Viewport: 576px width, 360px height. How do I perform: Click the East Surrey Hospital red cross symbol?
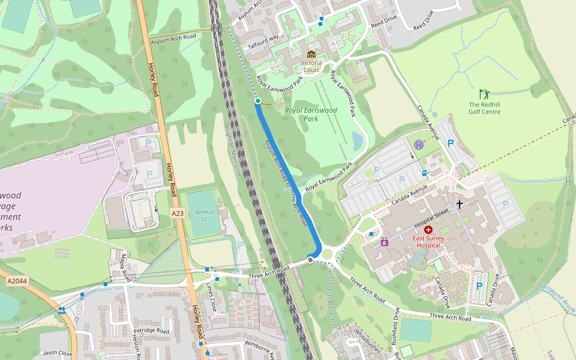click(428, 230)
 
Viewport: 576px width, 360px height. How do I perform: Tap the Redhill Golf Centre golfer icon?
click(484, 94)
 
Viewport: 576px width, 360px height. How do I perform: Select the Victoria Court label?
click(311, 66)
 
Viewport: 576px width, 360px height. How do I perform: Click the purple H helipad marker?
click(419, 145)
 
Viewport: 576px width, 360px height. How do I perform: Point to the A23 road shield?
click(177, 213)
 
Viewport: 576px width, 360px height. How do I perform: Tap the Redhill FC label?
click(204, 216)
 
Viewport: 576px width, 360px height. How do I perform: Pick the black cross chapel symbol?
click(460, 204)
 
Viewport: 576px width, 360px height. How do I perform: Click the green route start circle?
click(258, 101)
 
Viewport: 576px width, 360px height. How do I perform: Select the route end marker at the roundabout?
click(310, 259)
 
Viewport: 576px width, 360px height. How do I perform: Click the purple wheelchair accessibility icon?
click(385, 242)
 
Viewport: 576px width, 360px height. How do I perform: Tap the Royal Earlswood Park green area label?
click(311, 114)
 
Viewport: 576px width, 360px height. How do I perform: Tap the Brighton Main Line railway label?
click(232, 150)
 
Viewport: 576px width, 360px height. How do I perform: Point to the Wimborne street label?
click(254, 346)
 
